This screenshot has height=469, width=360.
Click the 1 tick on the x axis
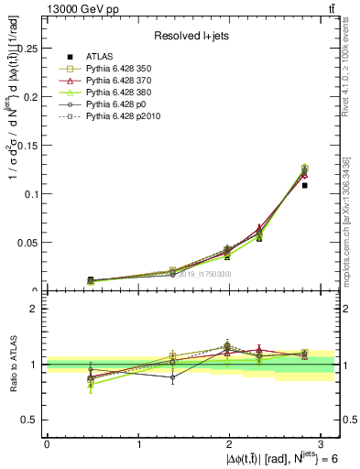point(138,443)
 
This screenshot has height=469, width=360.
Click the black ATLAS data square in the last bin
point(305,185)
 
